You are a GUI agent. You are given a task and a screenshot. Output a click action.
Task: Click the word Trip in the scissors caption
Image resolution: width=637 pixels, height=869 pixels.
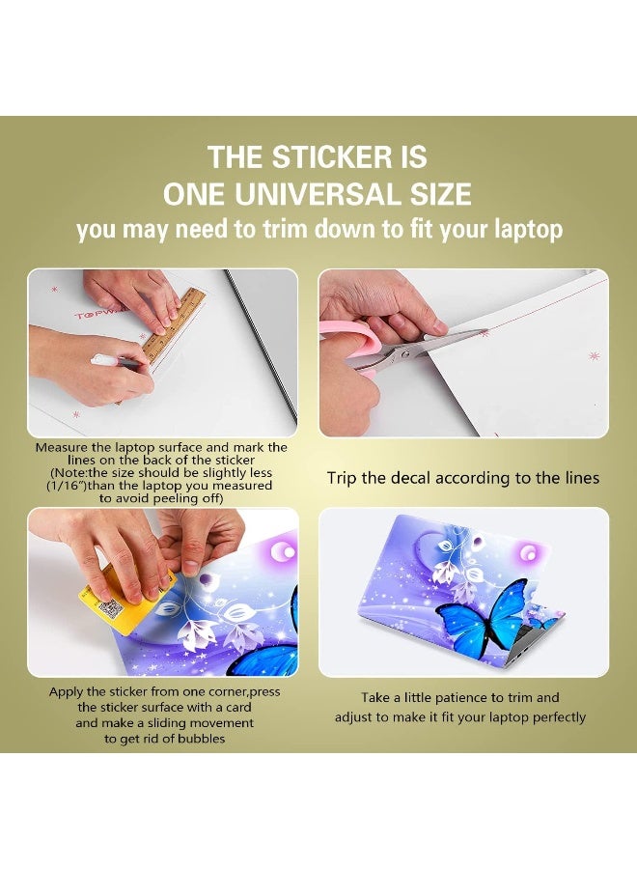click(x=344, y=478)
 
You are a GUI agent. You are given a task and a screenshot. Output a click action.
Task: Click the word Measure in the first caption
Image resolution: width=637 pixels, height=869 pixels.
click(x=62, y=448)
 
